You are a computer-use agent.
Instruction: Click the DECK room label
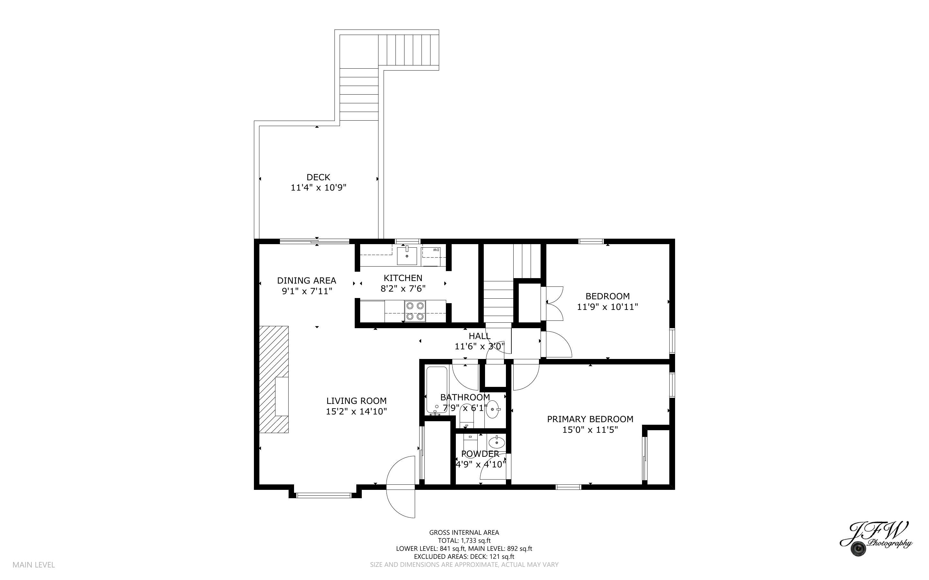coord(318,177)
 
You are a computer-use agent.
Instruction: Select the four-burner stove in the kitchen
coord(415,311)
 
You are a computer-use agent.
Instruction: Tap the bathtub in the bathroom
coord(437,390)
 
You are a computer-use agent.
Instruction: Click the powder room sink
coord(498,442)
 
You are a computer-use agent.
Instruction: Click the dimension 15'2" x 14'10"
coord(356,412)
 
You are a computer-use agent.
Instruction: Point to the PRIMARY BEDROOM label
coord(590,419)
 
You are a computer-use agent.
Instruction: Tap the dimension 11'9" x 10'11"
coord(607,307)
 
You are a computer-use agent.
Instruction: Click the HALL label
coord(479,336)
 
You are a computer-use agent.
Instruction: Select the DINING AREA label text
coord(306,280)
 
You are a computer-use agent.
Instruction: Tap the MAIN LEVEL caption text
coord(34,565)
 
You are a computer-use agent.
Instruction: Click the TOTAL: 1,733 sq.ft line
coord(464,541)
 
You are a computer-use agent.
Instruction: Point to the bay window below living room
coord(324,495)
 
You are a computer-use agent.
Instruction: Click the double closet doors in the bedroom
coord(554,303)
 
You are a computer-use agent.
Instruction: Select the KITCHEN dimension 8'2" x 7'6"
coord(403,288)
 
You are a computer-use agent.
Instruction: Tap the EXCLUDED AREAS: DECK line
coord(464,557)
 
